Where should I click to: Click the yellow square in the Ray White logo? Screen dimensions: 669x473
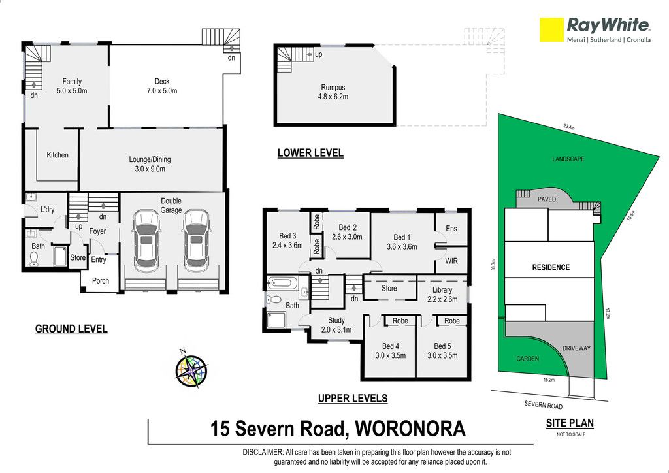pyautogui.click(x=551, y=29)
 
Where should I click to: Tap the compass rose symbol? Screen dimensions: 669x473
pyautogui.click(x=191, y=369)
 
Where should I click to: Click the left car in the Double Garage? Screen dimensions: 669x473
pyautogui.click(x=147, y=240)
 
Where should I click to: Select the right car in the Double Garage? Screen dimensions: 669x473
pyautogui.click(x=196, y=240)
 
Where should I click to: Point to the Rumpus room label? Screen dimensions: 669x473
pyautogui.click(x=333, y=92)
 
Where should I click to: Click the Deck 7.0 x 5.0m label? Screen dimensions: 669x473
pyautogui.click(x=162, y=86)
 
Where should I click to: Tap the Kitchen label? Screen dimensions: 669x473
pyautogui.click(x=57, y=155)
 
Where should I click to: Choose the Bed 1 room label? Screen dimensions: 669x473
pyautogui.click(x=402, y=242)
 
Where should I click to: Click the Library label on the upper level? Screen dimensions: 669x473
pyautogui.click(x=442, y=290)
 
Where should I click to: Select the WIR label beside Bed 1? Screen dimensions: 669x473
pyautogui.click(x=451, y=261)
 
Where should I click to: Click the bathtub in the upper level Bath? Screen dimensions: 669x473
pyautogui.click(x=282, y=283)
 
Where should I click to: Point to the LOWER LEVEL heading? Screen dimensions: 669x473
pyautogui.click(x=310, y=153)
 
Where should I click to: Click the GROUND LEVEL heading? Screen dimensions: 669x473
pyautogui.click(x=71, y=329)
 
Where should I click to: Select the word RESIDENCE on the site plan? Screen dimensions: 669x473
pyautogui.click(x=551, y=267)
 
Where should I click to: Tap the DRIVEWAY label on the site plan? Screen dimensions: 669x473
pyautogui.click(x=576, y=348)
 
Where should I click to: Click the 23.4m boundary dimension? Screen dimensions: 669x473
pyautogui.click(x=569, y=127)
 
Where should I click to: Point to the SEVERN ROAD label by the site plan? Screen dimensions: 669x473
pyautogui.click(x=543, y=405)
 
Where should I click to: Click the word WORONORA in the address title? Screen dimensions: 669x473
pyautogui.click(x=410, y=429)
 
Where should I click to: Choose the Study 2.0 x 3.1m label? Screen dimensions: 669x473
pyautogui.click(x=336, y=325)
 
